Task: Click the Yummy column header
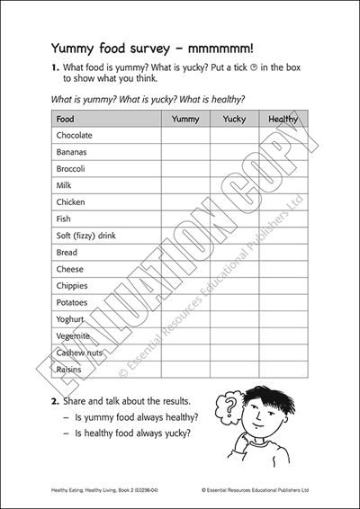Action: point(185,118)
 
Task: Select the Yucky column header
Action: point(234,118)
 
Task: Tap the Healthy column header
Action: point(283,118)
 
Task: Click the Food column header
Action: point(66,118)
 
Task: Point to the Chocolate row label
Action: point(75,135)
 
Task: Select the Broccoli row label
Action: point(71,168)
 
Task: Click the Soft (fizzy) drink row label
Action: point(87,236)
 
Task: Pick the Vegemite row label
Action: point(74,336)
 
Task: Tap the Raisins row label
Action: point(69,370)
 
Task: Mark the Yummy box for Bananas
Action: point(185,152)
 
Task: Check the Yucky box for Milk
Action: point(234,185)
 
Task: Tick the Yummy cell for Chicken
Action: point(185,202)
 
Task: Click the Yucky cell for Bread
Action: point(234,253)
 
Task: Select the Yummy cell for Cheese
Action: point(185,269)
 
